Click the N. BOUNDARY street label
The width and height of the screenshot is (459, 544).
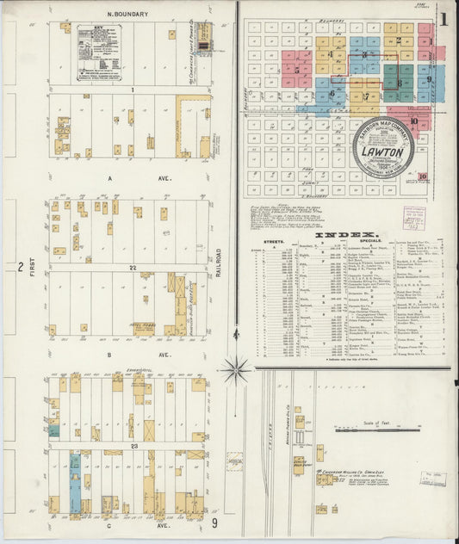coord(127,15)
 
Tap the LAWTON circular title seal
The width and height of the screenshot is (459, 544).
coord(382,147)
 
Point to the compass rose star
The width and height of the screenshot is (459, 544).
coord(234,370)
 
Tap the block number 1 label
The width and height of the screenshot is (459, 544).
coord(133,89)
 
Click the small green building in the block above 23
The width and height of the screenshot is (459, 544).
coord(54,430)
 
